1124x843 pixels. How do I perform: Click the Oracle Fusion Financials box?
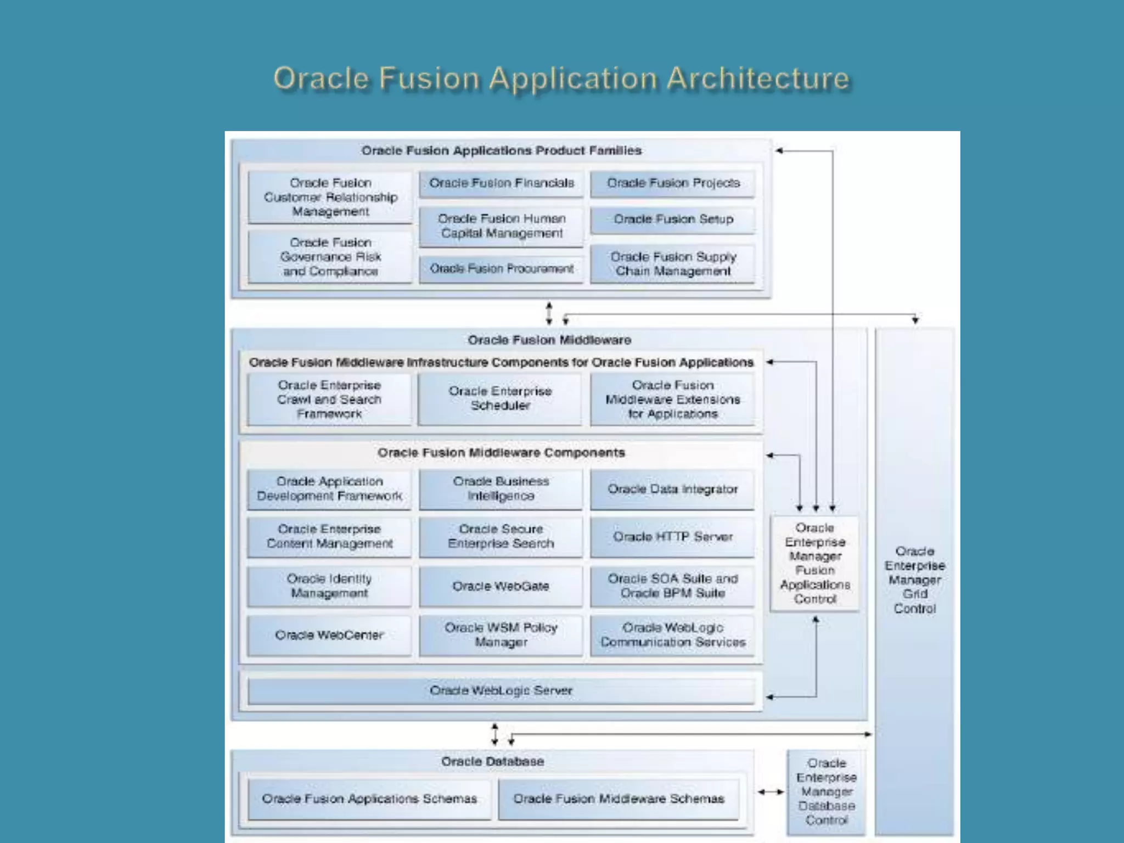[501, 183]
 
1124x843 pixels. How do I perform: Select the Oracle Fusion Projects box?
[673, 183]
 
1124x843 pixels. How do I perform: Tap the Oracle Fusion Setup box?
[673, 220]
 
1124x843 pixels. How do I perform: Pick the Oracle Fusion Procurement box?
[501, 269]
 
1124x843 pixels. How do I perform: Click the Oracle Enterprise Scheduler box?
[500, 399]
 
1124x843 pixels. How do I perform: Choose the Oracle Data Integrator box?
[672, 490]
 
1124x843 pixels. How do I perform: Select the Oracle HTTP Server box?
[672, 537]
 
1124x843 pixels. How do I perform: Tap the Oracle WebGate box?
[501, 587]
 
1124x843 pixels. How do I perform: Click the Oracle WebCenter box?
[329, 636]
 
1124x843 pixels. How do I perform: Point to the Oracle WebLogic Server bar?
[501, 691]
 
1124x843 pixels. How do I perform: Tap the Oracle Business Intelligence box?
[501, 489]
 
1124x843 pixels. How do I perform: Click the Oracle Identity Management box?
[329, 587]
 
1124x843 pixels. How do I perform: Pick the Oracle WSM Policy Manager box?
[501, 636]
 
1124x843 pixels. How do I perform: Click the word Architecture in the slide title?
[758, 79]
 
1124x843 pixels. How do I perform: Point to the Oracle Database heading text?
[492, 762]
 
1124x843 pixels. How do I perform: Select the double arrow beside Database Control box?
[771, 792]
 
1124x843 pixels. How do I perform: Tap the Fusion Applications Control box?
[814, 564]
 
